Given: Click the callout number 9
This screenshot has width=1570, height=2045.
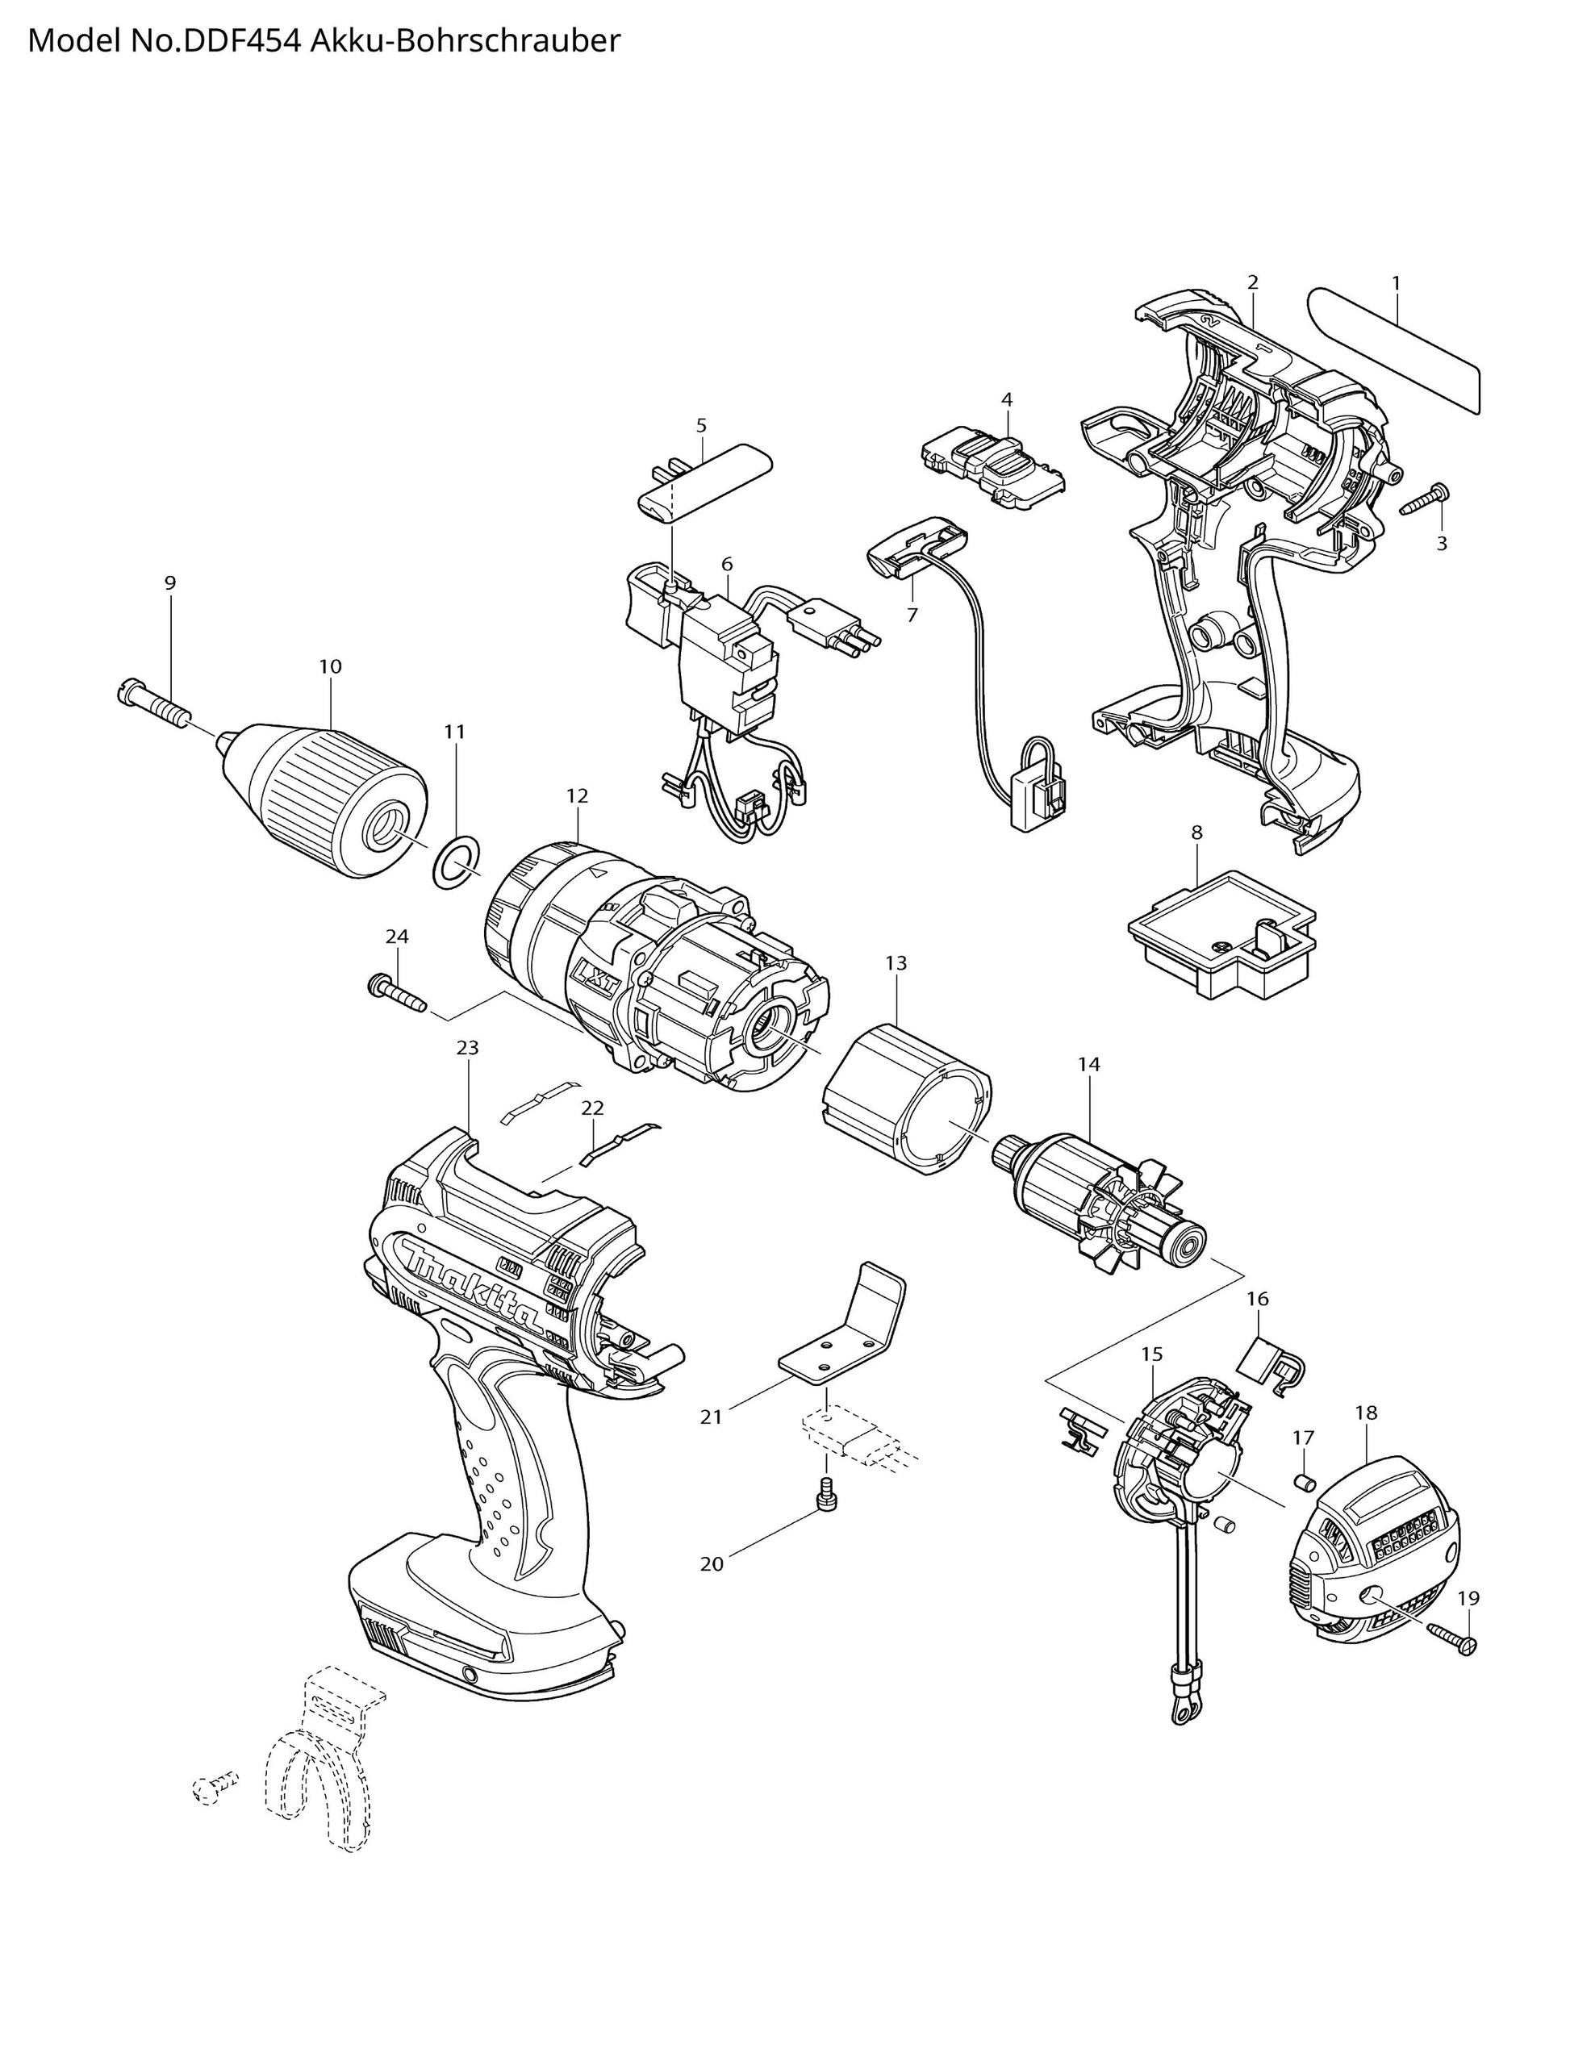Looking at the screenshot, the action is click(170, 583).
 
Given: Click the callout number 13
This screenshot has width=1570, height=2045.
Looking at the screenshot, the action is click(896, 963).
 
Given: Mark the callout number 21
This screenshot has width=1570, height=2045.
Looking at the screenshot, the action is click(712, 1417).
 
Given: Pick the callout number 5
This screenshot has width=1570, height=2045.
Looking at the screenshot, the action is click(701, 426).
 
